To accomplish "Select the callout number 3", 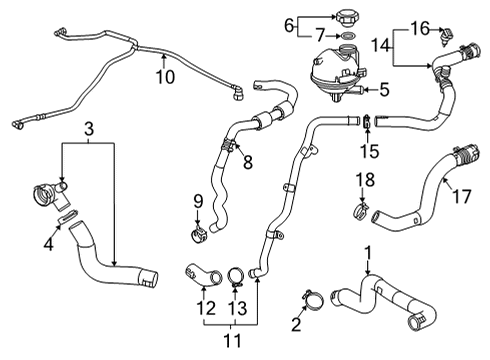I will pos(88,128).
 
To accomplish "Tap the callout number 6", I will pos(289,24).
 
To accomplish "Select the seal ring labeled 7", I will pos(347,37).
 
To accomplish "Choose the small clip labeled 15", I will pos(367,122).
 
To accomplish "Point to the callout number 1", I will pos(368,253).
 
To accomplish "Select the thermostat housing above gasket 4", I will pos(48,191).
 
